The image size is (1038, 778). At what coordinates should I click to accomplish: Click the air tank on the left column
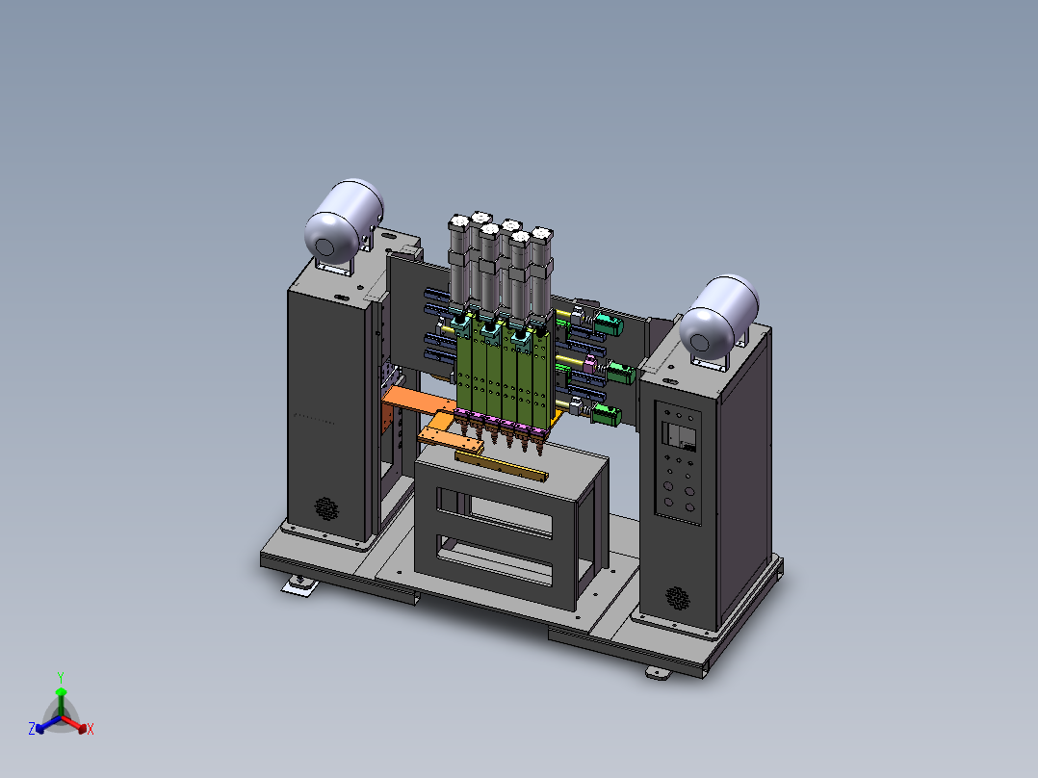pyautogui.click(x=344, y=221)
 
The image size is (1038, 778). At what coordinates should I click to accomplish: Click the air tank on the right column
pyautogui.click(x=719, y=317)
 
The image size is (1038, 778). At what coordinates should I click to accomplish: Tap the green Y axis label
pyautogui.click(x=61, y=677)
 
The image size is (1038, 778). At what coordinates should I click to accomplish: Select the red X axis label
pyautogui.click(x=91, y=729)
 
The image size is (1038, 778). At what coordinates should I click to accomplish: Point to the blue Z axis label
pyautogui.click(x=31, y=728)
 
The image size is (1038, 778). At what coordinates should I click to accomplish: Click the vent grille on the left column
pyautogui.click(x=325, y=508)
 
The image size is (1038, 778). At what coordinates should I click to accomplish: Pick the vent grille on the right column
pyautogui.click(x=677, y=598)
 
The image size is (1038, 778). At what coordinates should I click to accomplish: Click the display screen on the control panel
pyautogui.click(x=680, y=437)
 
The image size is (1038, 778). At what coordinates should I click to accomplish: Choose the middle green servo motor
pyautogui.click(x=621, y=372)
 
